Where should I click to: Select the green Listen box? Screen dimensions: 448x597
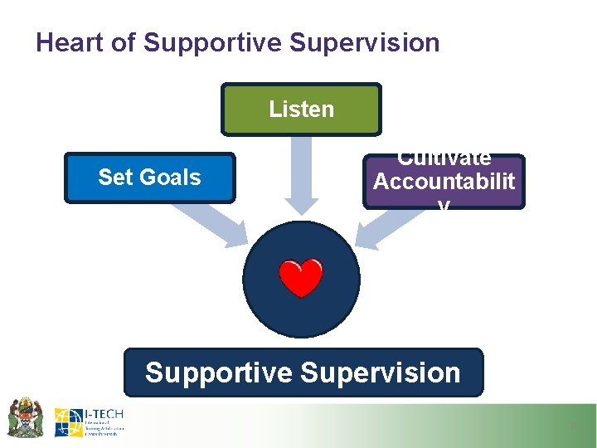click(301, 109)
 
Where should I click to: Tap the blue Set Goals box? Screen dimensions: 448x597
click(149, 177)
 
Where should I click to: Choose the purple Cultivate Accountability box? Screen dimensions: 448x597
click(444, 181)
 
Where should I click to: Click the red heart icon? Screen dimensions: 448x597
click(301, 278)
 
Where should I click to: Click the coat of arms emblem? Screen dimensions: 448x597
click(25, 416)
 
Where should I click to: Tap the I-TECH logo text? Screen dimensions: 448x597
click(104, 412)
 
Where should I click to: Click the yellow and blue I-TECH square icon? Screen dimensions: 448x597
click(68, 422)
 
